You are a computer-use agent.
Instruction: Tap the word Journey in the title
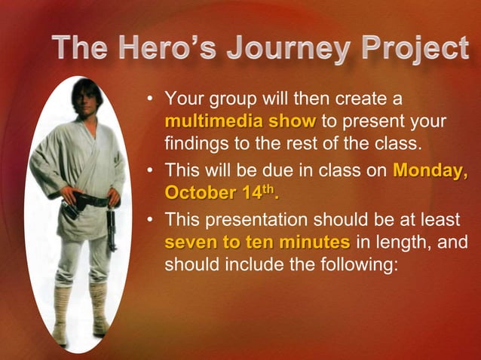[x=289, y=50]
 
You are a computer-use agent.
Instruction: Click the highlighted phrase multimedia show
[x=240, y=121]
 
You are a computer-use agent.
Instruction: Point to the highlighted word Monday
[x=429, y=170]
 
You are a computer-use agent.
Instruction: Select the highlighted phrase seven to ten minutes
[x=257, y=243]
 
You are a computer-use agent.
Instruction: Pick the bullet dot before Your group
[x=151, y=99]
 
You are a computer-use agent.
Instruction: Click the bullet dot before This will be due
[x=151, y=171]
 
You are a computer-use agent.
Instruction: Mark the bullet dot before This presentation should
[x=151, y=220]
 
